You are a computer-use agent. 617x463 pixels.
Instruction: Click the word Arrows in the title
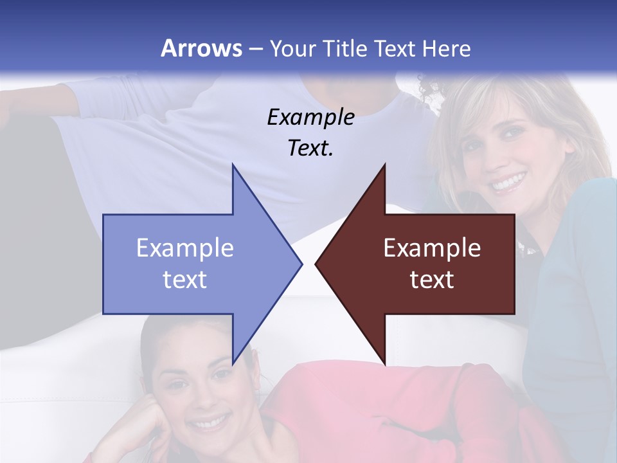pos(201,48)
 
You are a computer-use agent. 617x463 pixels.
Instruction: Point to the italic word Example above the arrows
pos(310,117)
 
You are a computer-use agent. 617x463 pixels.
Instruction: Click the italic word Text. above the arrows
pos(310,149)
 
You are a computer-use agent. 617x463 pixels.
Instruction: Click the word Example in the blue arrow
pos(184,248)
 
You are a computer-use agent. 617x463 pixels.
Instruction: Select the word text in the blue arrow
pos(184,279)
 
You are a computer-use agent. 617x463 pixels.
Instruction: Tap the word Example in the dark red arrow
pos(432,248)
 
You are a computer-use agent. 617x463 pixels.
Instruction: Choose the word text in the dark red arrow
pos(432,279)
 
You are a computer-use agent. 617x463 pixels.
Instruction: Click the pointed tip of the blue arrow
pos(302,264)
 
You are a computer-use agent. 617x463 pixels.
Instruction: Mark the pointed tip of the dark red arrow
pos(316,264)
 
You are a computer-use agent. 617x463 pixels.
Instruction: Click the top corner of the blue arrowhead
pos(233,165)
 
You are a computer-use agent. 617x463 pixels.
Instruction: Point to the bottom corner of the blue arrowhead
pos(233,365)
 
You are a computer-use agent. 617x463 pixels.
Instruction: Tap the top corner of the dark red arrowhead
pos(385,165)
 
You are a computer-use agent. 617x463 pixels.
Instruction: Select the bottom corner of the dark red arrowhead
pos(385,365)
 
